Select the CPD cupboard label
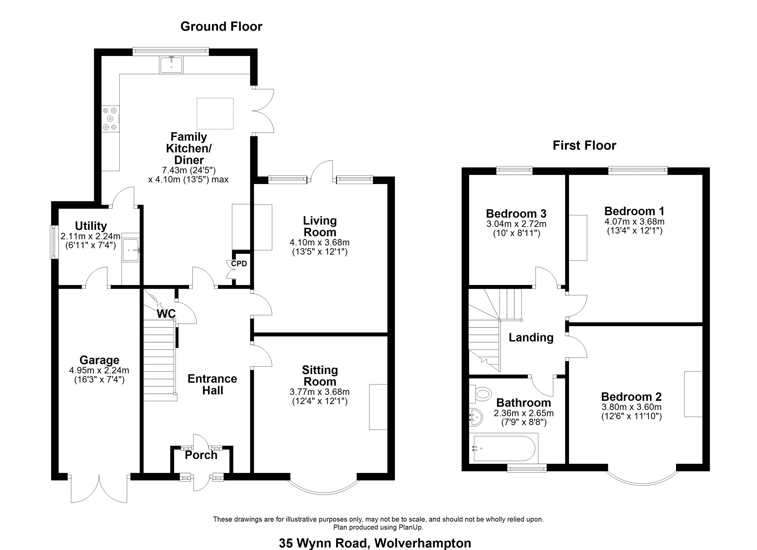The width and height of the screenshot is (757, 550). click(x=239, y=264)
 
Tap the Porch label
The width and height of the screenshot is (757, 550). click(x=201, y=455)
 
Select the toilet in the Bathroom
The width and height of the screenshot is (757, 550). click(x=482, y=394)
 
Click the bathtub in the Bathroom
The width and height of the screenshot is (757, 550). click(x=504, y=449)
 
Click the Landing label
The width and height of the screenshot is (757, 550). click(x=531, y=338)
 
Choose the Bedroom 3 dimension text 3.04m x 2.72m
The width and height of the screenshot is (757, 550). click(x=516, y=224)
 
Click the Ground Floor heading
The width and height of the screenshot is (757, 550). click(x=221, y=27)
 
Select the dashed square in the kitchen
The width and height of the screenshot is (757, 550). click(x=215, y=113)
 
